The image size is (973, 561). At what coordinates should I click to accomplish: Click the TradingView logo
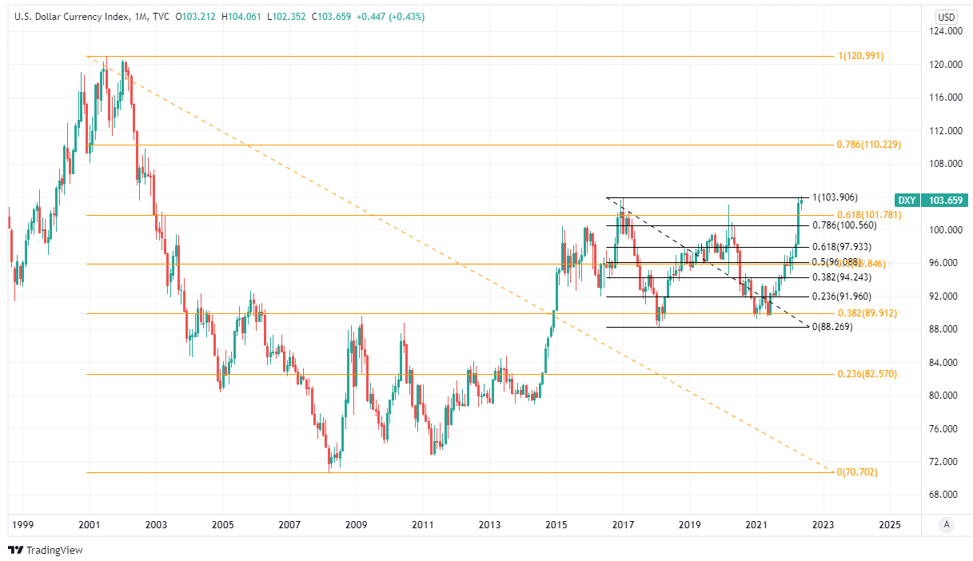pos(46,550)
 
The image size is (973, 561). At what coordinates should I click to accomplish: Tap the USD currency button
pos(947,17)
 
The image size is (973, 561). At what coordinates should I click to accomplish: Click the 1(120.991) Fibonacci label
pos(861,56)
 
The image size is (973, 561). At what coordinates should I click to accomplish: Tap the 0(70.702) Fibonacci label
pos(856,472)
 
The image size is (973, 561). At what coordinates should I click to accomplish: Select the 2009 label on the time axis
pos(356,524)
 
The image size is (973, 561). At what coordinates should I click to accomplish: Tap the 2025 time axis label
pos(889,524)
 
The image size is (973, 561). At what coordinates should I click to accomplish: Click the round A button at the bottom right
pos(947,524)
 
